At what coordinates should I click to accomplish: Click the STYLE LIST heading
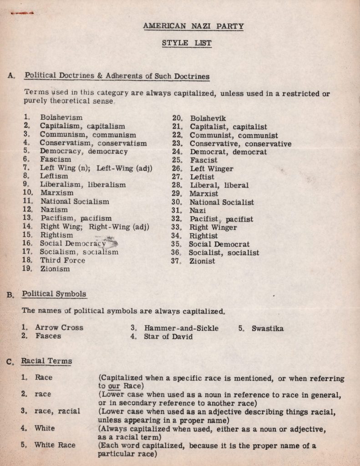tap(187, 43)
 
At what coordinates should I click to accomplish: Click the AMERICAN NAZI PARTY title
tap(193, 26)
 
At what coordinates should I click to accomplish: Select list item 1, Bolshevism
tap(61, 117)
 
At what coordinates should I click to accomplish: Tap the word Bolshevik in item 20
tap(208, 118)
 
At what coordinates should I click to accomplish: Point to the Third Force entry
tap(62, 260)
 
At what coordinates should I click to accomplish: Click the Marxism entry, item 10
tap(57, 193)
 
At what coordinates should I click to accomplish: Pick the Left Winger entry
tap(211, 169)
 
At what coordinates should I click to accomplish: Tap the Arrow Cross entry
tap(59, 328)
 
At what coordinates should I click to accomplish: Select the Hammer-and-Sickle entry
tap(181, 328)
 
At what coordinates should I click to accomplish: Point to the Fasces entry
tap(48, 336)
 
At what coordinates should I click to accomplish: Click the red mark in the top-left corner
tap(23, 14)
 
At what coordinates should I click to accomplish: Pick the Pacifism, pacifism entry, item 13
tap(76, 218)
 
